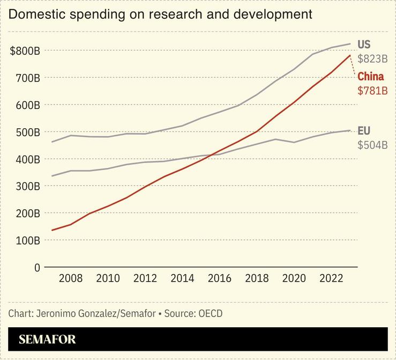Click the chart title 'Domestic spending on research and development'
pyautogui.click(x=160, y=14)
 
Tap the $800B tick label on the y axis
pyautogui.click(x=25, y=51)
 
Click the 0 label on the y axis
pyautogui.click(x=37, y=267)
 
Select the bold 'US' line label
pyautogui.click(x=364, y=45)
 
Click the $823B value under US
pyautogui.click(x=372, y=59)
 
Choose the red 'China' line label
pyautogui.click(x=371, y=77)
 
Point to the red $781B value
pyautogui.click(x=372, y=91)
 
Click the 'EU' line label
pyautogui.click(x=364, y=131)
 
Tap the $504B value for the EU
pyautogui.click(x=372, y=145)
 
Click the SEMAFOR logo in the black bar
pyautogui.click(x=47, y=339)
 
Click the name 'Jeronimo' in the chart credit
pyautogui.click(x=57, y=313)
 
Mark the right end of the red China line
pyautogui.click(x=350, y=55)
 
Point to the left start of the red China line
pyautogui.click(x=52, y=230)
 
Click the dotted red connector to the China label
pyautogui.click(x=353, y=66)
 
